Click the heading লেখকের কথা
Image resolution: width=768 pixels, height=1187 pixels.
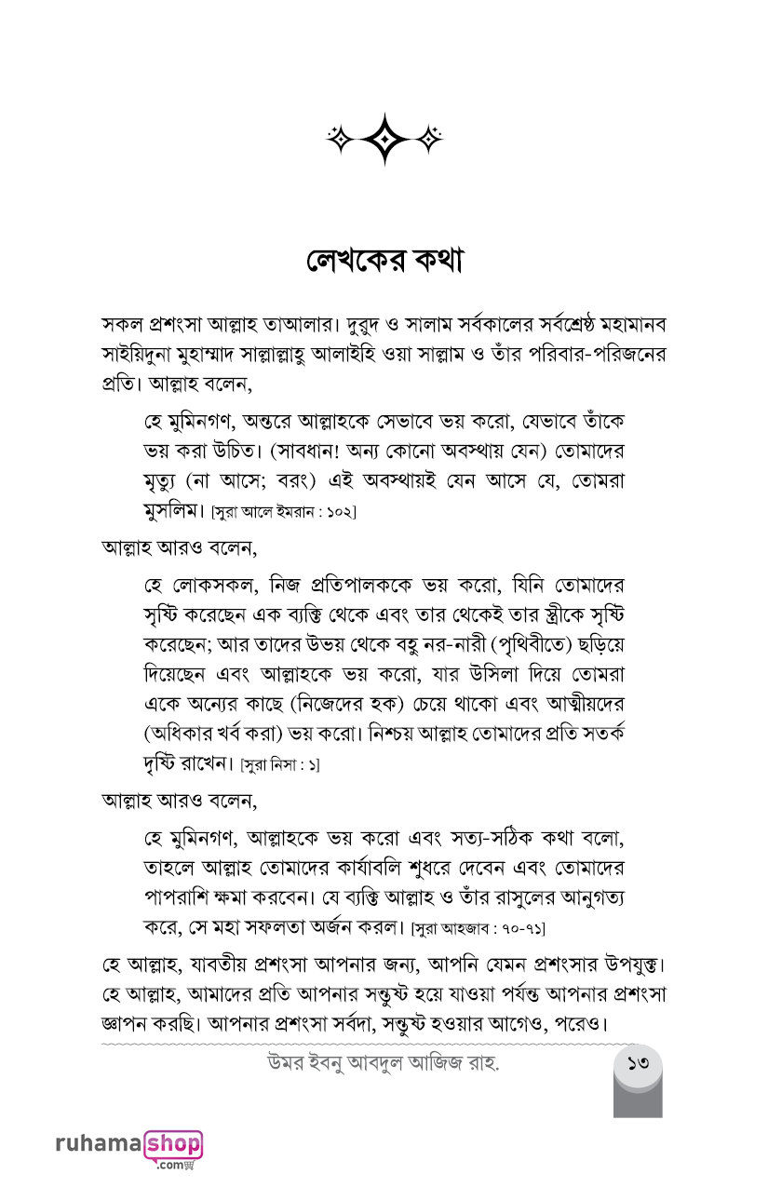[384, 262]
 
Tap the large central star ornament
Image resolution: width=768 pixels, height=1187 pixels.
[384, 139]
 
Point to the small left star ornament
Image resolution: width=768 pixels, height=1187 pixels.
[340, 139]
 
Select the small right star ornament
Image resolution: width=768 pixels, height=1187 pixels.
[429, 139]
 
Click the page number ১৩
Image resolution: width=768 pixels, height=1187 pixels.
[638, 1061]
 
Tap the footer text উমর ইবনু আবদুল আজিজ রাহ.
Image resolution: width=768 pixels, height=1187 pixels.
[383, 1062]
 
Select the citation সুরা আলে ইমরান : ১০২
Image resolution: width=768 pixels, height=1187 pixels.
[284, 511]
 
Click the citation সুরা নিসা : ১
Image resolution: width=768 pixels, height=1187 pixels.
[280, 764]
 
